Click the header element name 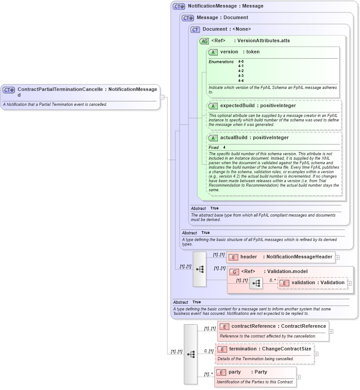248,257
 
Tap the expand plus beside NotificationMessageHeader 337,257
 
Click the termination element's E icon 222,349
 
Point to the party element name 235,372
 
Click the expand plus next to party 298,377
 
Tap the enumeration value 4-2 241,71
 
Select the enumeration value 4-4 241,80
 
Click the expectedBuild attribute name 236,105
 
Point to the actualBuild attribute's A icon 213,138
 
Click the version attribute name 229,52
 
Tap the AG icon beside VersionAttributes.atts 204,41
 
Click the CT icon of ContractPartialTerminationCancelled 9,90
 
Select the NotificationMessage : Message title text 225,6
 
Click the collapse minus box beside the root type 162,97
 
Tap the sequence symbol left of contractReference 191,354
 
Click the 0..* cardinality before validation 272,281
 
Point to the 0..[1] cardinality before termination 209,351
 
